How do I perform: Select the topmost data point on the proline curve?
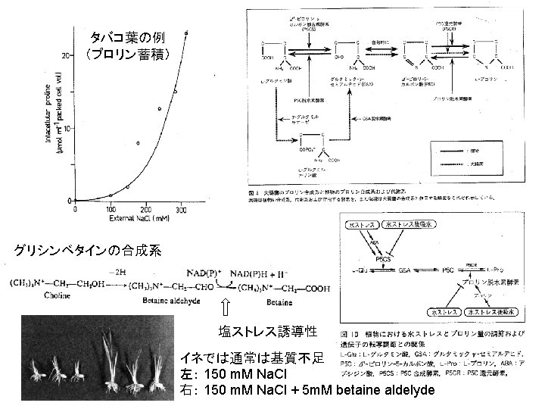[186, 33]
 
